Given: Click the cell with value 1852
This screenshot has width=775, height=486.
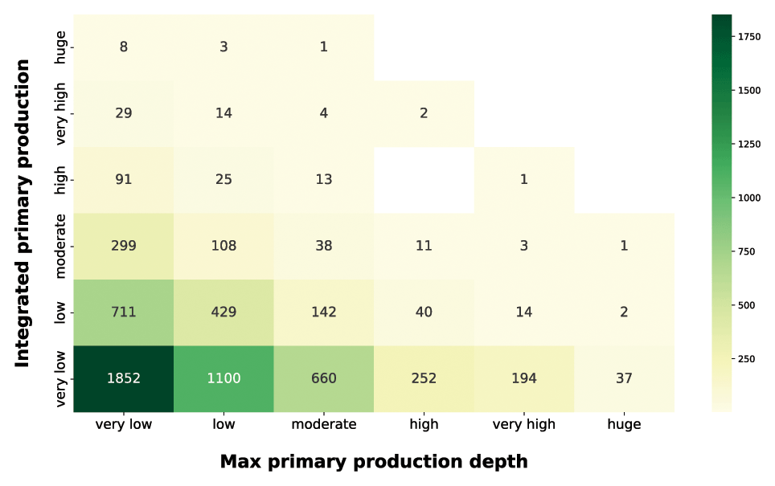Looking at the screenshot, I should tap(123, 378).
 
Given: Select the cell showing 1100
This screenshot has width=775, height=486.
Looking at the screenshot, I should tap(223, 378).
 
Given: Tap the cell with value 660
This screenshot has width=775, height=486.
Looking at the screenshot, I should tap(323, 378).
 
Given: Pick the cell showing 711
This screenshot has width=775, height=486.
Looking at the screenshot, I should tap(123, 312).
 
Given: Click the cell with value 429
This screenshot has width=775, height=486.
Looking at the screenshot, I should tap(223, 312).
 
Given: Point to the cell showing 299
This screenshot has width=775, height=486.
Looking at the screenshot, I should tap(123, 246).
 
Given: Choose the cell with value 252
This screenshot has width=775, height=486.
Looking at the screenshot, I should tap(424, 378).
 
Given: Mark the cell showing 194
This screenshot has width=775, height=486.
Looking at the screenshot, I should tap(523, 378).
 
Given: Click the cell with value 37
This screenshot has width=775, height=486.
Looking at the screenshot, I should tap(624, 378).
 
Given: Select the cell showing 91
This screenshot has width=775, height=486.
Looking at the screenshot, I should tap(123, 179).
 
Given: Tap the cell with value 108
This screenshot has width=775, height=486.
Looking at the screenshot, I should tap(223, 246).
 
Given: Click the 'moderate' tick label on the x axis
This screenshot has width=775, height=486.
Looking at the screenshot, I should tap(323, 425).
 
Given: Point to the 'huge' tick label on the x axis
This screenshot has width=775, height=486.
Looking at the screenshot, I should tap(624, 425).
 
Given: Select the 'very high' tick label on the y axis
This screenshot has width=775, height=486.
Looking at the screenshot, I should tap(61, 113).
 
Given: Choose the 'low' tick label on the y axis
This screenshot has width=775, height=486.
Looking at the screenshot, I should tap(61, 312).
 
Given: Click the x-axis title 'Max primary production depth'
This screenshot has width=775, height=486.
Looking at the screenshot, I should tap(374, 462).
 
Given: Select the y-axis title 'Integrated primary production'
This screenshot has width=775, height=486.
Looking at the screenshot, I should tap(23, 213).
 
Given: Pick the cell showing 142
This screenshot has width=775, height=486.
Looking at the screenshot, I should tap(323, 312).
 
